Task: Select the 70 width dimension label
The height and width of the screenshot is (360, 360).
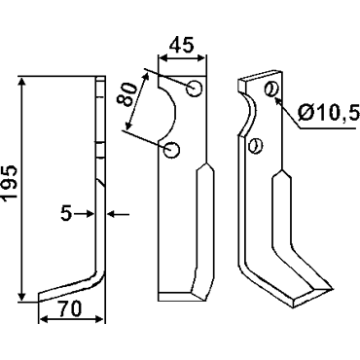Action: click(69, 308)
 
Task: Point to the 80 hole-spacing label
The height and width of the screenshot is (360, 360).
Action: click(126, 94)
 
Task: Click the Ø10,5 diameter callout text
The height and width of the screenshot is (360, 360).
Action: click(328, 113)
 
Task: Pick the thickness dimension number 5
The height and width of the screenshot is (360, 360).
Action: click(66, 214)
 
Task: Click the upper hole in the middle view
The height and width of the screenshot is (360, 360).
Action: click(195, 88)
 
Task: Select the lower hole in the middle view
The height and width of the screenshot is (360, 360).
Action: click(171, 150)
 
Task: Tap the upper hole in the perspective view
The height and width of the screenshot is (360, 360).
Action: click(270, 89)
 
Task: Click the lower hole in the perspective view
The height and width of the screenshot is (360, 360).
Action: click(255, 146)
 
